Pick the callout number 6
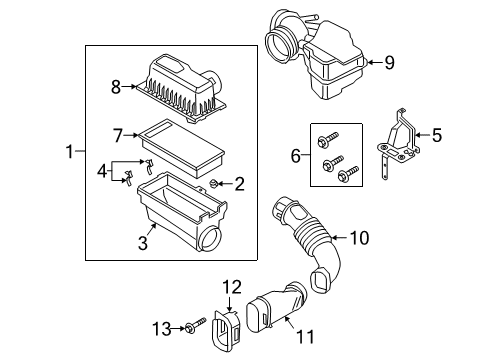pos(294,156)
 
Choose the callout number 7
pos(117,134)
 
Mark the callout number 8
pos(116,87)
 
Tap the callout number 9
pos(389,62)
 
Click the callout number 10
pos(358,237)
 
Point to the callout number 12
pos(232,287)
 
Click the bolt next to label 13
pos(194,327)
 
